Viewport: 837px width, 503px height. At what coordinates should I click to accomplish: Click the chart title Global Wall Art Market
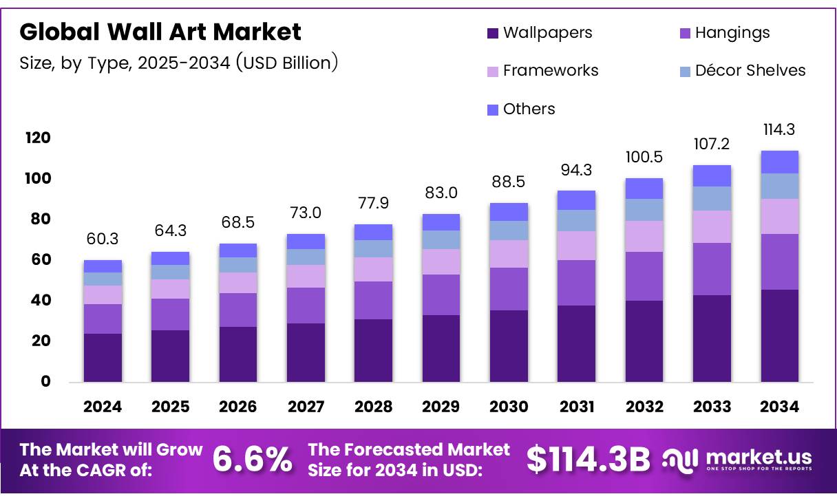coord(160,32)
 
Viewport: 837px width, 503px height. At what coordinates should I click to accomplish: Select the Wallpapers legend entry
coord(539,32)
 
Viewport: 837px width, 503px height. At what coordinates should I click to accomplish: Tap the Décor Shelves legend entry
coord(741,70)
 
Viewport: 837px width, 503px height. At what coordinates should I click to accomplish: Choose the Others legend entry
coord(521,109)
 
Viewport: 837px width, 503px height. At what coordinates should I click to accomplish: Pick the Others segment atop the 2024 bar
coord(103,266)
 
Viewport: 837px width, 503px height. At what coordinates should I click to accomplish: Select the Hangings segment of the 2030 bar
coord(509,288)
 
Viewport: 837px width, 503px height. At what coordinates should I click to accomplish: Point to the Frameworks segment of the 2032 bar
coord(644,236)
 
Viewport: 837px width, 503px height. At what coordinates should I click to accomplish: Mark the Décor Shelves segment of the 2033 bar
coord(712,198)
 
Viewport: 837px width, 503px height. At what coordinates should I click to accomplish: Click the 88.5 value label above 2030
coord(509,182)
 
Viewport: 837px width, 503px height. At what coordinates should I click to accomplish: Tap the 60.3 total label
coord(103,239)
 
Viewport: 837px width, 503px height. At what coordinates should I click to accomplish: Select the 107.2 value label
coord(712,145)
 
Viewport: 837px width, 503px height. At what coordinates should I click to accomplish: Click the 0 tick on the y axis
coord(45,381)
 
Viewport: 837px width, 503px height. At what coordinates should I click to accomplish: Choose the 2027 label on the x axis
coord(306,407)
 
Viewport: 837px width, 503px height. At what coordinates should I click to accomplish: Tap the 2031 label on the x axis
coord(576,407)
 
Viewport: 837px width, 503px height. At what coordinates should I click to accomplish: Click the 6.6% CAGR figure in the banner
coord(252,460)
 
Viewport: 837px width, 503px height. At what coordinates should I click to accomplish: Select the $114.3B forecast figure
coord(589,460)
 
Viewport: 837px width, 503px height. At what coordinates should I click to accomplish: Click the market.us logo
coord(737,459)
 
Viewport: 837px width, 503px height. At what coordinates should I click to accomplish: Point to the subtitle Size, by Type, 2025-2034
coord(179,63)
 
